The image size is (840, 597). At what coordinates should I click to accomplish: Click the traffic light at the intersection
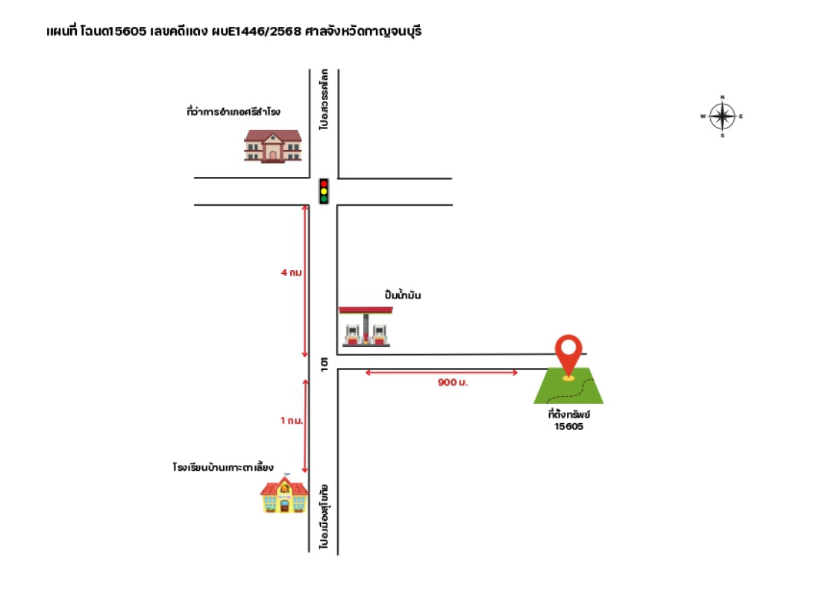pos(324,191)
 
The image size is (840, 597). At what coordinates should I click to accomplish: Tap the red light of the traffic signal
pos(324,184)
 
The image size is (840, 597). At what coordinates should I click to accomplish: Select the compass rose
pos(722,116)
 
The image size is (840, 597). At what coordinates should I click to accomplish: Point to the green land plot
pos(568,386)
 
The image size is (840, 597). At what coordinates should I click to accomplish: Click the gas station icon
pos(366,326)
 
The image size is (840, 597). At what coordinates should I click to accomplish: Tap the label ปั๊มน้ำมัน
pos(402,294)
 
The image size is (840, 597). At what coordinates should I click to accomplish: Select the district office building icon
pos(273,146)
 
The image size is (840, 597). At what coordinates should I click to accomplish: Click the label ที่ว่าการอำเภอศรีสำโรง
pos(233,111)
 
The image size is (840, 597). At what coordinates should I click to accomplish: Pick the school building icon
pos(284,493)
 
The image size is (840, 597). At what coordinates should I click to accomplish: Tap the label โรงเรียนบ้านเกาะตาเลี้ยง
pos(223,466)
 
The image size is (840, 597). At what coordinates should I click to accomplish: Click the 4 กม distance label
pos(292,272)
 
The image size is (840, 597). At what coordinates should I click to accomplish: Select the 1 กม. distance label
pos(292,420)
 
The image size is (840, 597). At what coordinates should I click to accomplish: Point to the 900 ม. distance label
pos(453,382)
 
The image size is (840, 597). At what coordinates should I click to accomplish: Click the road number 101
pos(324,364)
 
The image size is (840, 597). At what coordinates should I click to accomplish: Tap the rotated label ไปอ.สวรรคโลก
pos(324,99)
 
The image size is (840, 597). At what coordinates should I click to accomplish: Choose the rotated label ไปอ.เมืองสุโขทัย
pos(324,516)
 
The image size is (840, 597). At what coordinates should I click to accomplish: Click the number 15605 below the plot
pos(568,427)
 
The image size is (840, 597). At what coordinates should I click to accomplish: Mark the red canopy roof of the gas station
pos(366,310)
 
